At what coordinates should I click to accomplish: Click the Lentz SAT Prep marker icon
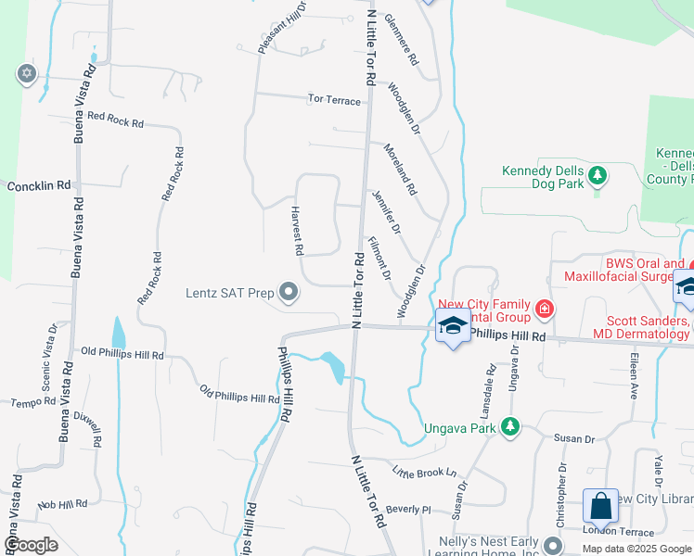coord(289,293)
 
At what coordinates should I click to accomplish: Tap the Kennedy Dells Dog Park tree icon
coord(598,174)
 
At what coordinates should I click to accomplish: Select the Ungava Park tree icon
coord(508,426)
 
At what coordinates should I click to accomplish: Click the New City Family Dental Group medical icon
coord(545,309)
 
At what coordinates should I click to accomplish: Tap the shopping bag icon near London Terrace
coord(600,506)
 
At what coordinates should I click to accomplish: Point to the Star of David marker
coord(25,72)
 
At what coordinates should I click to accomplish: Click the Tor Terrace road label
coord(336,99)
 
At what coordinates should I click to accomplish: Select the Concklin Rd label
coord(39,185)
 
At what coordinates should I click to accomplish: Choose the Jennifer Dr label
coord(385,211)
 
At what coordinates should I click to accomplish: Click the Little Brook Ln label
coord(425,472)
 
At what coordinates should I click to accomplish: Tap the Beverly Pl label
coord(409,509)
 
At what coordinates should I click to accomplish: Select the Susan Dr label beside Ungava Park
coord(573,437)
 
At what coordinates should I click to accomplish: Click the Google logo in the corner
coord(32,544)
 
